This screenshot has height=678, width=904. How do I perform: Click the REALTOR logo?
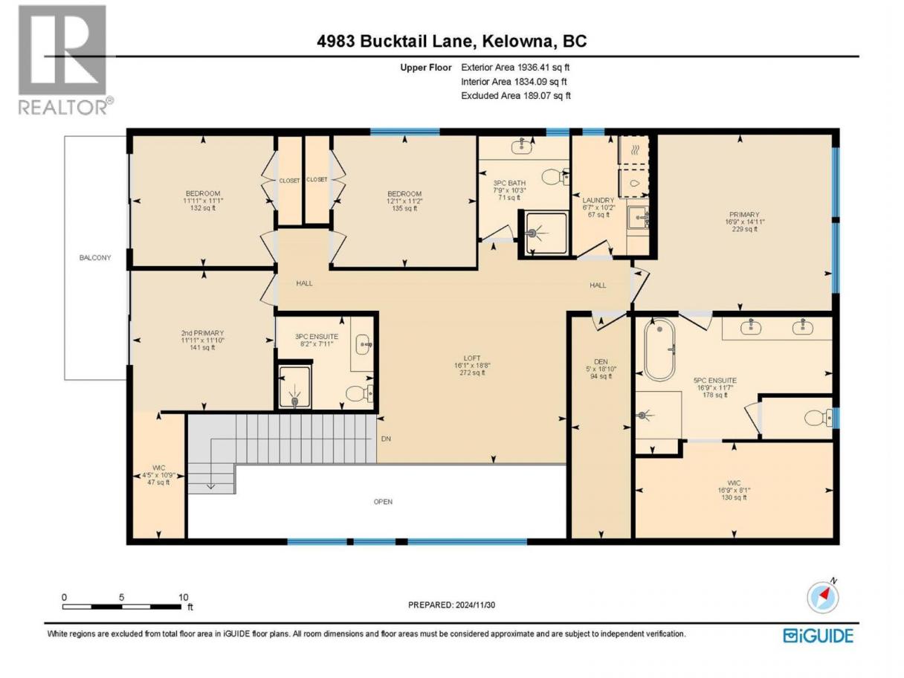coord(64,59)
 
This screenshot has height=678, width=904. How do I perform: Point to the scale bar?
coord(122,607)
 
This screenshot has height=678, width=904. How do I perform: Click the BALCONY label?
coord(95,258)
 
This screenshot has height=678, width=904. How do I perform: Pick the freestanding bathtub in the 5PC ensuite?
coord(659,349)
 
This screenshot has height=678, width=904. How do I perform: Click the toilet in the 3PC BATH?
coord(555,178)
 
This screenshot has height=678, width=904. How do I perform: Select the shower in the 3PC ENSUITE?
coord(294,387)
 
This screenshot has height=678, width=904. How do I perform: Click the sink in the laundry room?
coord(638,218)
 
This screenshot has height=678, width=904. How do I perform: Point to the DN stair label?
coord(386,439)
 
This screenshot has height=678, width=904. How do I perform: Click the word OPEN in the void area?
coord(383,502)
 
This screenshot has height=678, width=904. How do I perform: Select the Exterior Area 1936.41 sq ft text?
coord(515,68)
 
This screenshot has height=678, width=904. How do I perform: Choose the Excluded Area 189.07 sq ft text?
coord(516,96)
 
